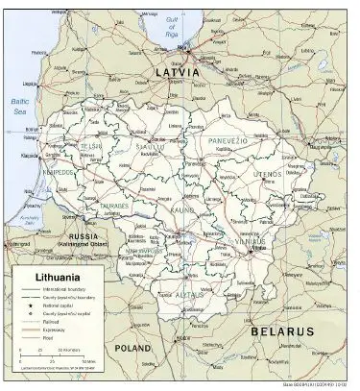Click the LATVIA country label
[178, 73]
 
